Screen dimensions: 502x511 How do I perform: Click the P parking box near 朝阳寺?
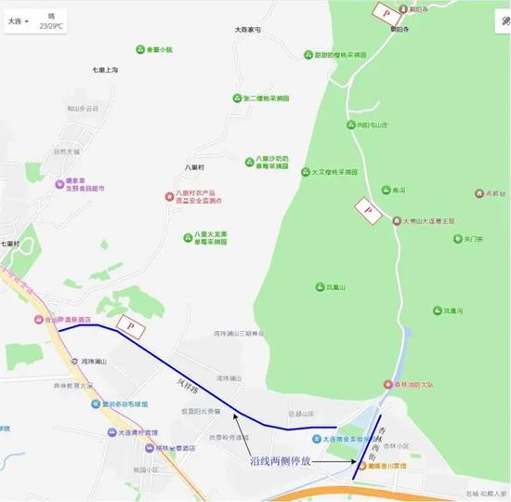click(x=384, y=11)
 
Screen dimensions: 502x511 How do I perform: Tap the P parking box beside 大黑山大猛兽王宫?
click(x=368, y=211)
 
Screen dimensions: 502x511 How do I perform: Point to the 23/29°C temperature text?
click(x=51, y=27)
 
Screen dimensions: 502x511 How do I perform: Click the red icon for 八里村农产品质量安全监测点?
click(x=168, y=196)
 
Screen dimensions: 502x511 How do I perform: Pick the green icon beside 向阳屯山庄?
click(x=349, y=124)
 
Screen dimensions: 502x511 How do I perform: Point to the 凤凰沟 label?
click(x=452, y=310)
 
